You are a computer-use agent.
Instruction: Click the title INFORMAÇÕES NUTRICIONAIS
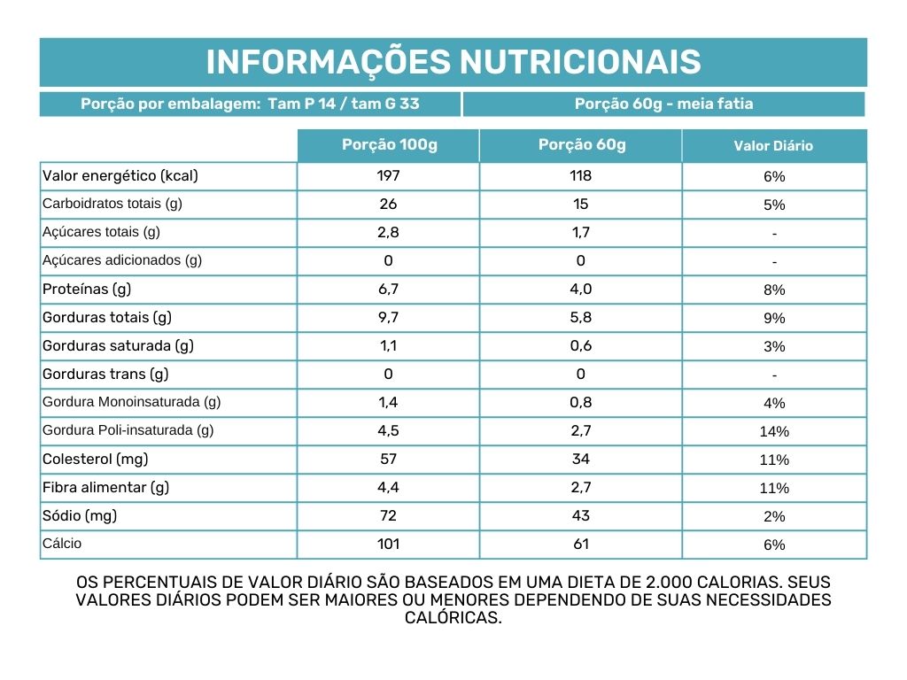[x=453, y=62]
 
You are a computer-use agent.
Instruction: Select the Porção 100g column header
[x=389, y=145]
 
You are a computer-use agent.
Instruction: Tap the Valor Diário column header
[x=773, y=146]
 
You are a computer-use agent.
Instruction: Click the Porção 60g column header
[x=581, y=145]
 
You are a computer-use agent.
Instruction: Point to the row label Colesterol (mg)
[x=96, y=460]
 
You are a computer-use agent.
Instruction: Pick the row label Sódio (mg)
[x=80, y=516]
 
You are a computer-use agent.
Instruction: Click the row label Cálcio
[x=62, y=544]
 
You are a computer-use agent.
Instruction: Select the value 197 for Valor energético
[x=388, y=176]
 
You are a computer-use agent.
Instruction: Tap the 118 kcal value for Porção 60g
[x=581, y=176]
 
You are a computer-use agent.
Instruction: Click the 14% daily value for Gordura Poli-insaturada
[x=774, y=432]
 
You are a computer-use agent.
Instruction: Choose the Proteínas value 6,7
[x=388, y=290]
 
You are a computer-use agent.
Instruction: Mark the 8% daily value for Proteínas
[x=774, y=290]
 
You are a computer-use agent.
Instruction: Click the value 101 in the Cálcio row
[x=388, y=545]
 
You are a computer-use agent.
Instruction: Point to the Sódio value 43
[x=581, y=516]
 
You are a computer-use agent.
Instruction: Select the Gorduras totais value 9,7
[x=388, y=318]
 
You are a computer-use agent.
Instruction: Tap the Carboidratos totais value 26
[x=388, y=205]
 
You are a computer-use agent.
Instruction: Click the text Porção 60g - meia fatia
[x=663, y=104]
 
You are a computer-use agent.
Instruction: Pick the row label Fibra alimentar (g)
[x=105, y=488]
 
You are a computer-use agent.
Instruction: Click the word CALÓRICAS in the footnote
[x=453, y=619]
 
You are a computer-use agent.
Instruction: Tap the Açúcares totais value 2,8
[x=388, y=233]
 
